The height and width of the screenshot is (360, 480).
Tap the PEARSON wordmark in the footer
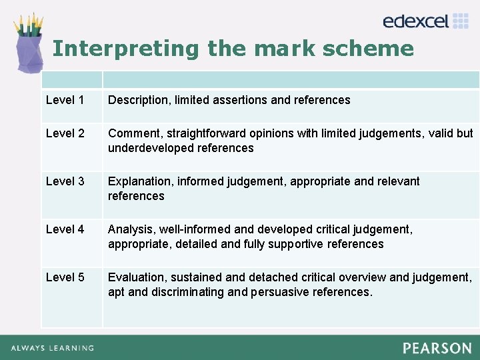[437, 348]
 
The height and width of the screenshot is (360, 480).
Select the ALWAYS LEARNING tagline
[52, 348]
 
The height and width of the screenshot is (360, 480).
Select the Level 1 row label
[65, 100]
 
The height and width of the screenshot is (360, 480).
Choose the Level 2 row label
[65, 133]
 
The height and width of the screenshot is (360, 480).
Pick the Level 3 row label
[65, 181]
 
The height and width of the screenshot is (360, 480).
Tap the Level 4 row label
[65, 229]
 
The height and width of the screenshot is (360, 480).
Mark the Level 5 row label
[65, 277]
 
